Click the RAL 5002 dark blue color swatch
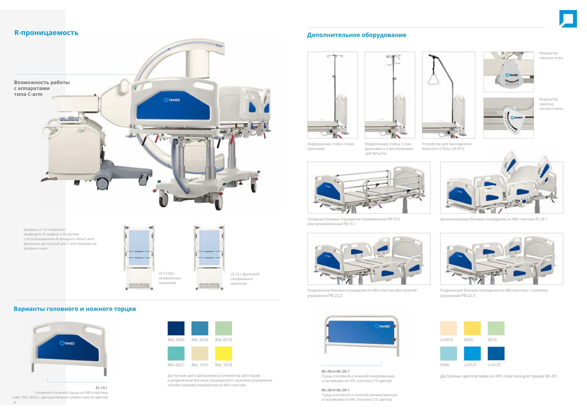pos(176,328)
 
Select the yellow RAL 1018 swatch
pos(223,353)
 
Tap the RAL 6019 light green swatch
pos(223,328)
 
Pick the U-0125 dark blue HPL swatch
pos(496,353)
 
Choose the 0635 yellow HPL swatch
pos(472,328)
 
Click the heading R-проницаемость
pos(46,33)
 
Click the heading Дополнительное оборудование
pos(356,35)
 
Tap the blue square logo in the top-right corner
pos(568,19)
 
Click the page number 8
pos(15,402)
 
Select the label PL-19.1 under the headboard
pos(102,388)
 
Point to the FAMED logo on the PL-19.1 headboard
pos(67,343)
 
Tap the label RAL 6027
pos(176,365)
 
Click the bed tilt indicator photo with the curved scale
pos(508,72)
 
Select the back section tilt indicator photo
pos(508,118)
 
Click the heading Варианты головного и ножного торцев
pos(75,309)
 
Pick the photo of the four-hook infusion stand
pos(332,95)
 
